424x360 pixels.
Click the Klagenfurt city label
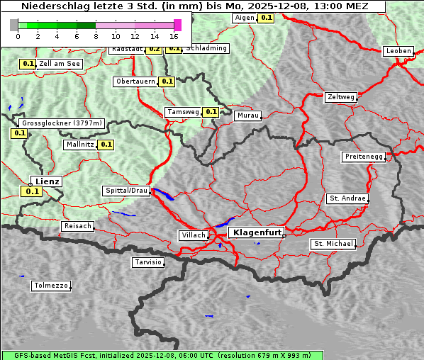[x=258, y=232]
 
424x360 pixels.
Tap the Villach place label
[x=194, y=235]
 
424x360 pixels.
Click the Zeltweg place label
[x=342, y=96]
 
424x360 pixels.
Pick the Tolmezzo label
[x=51, y=286]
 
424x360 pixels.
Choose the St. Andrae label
[x=347, y=198]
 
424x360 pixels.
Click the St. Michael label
[x=333, y=244]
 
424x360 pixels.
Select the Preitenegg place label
[x=364, y=157]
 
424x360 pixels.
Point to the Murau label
[x=248, y=115]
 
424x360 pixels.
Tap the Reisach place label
[x=78, y=226]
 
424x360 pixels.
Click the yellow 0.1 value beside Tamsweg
[x=211, y=112]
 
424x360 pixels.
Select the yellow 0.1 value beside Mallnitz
[x=106, y=145]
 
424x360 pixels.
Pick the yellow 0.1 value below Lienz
[x=32, y=191]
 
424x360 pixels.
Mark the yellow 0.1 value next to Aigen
[x=266, y=17]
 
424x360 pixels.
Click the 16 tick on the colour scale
[x=174, y=35]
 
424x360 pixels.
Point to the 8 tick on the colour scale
[x=96, y=35]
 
